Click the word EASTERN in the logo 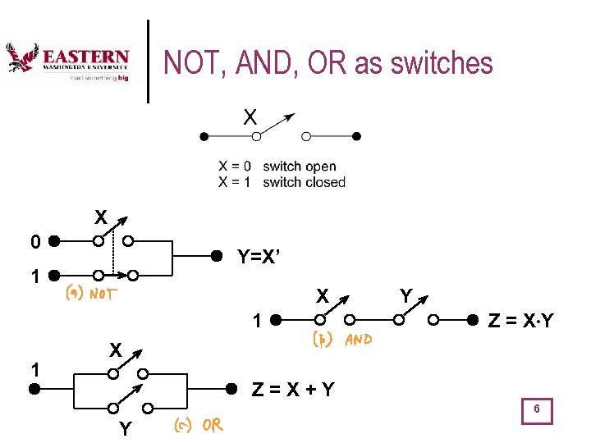coord(85,57)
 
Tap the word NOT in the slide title coord(190,62)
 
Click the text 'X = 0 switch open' coord(277,167)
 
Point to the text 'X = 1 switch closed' coord(282,182)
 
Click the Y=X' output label coord(261,256)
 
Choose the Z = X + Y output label coord(293,389)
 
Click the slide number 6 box coord(536,409)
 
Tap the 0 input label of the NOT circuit coord(34,242)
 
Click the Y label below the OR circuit coord(125,428)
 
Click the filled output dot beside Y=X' coord(217,255)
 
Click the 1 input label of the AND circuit coord(257,322)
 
